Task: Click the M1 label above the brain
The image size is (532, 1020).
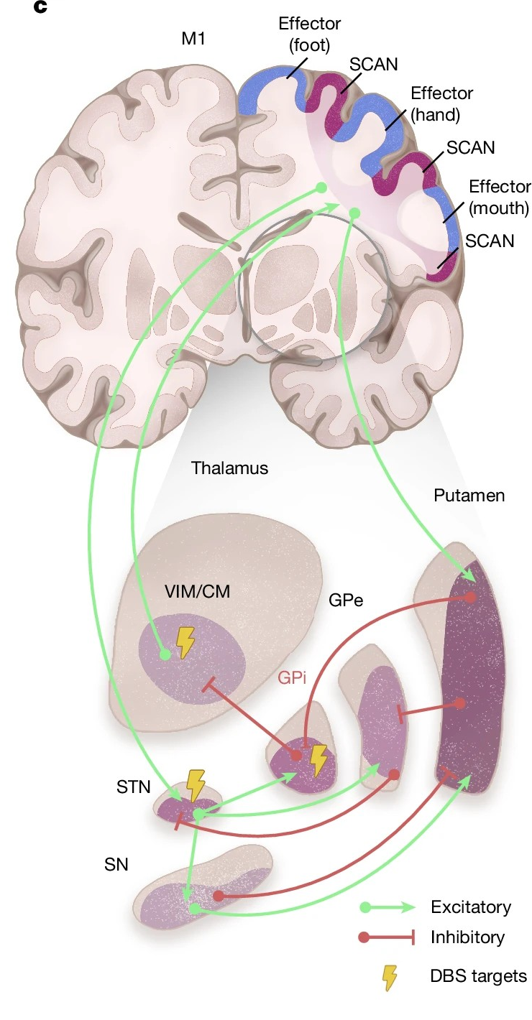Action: (193, 39)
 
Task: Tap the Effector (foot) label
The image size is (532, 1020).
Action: (309, 35)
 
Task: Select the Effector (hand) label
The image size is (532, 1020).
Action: (441, 103)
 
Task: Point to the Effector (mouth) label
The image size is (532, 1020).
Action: (498, 198)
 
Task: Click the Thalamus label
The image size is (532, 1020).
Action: (229, 468)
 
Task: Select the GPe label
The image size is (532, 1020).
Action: (346, 600)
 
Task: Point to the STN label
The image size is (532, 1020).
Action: (134, 787)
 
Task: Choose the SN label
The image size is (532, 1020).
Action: (116, 864)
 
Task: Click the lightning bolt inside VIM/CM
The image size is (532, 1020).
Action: (185, 642)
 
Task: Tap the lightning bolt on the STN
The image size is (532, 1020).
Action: (196, 785)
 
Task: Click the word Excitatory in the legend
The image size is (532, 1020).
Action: (471, 907)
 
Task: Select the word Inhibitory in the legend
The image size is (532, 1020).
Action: (467, 937)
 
